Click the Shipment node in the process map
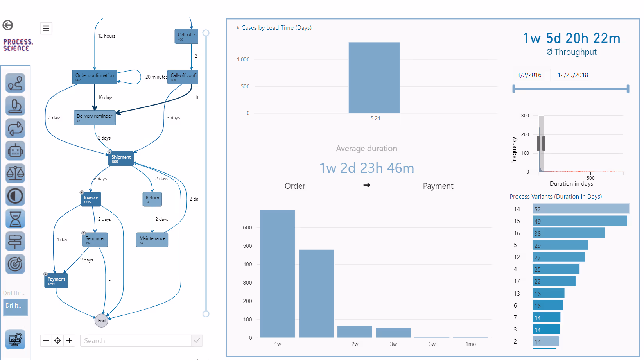pos(121,159)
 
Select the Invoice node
pos(91,199)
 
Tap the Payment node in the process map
pos(56,281)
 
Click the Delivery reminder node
pos(95,118)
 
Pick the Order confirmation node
pos(95,77)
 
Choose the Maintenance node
pos(152,240)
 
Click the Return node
pos(152,199)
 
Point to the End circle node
pos(101,321)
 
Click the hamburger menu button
pos(46,29)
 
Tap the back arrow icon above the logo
pos(8,25)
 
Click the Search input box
pos(135,341)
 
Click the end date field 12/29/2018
pos(572,75)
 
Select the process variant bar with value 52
pos(581,209)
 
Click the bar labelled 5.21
pos(374,78)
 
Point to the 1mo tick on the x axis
pos(470,344)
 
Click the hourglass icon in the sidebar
pos(15,219)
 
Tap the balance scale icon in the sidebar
pos(15,174)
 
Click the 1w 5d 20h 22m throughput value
pos(572,38)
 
